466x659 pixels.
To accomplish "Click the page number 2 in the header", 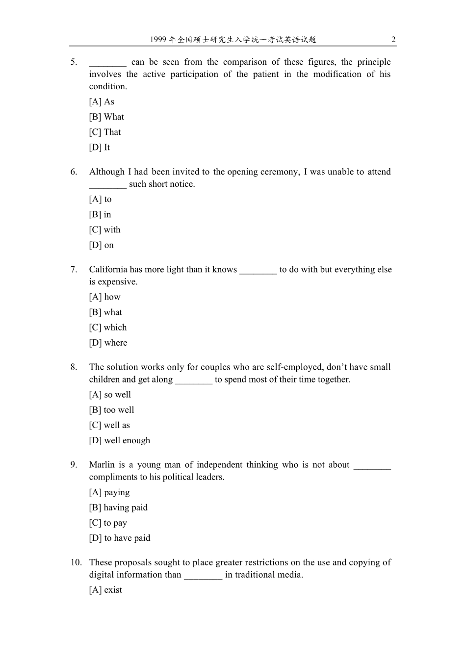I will click(393, 40).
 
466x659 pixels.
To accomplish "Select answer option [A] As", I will click(102, 101).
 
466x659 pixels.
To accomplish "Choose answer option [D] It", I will click(100, 147).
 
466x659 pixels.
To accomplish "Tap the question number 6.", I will click(74, 172).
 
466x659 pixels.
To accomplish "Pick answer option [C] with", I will click(104, 229).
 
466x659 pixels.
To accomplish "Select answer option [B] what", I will click(105, 312).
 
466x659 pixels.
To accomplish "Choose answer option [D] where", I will click(108, 343).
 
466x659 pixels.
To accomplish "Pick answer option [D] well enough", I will click(120, 440).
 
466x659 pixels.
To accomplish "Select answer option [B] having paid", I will click(118, 507).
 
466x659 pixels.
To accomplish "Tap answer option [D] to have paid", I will click(120, 538).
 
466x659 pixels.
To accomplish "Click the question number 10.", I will click(76, 562).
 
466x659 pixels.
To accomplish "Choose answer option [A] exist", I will click(105, 590).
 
